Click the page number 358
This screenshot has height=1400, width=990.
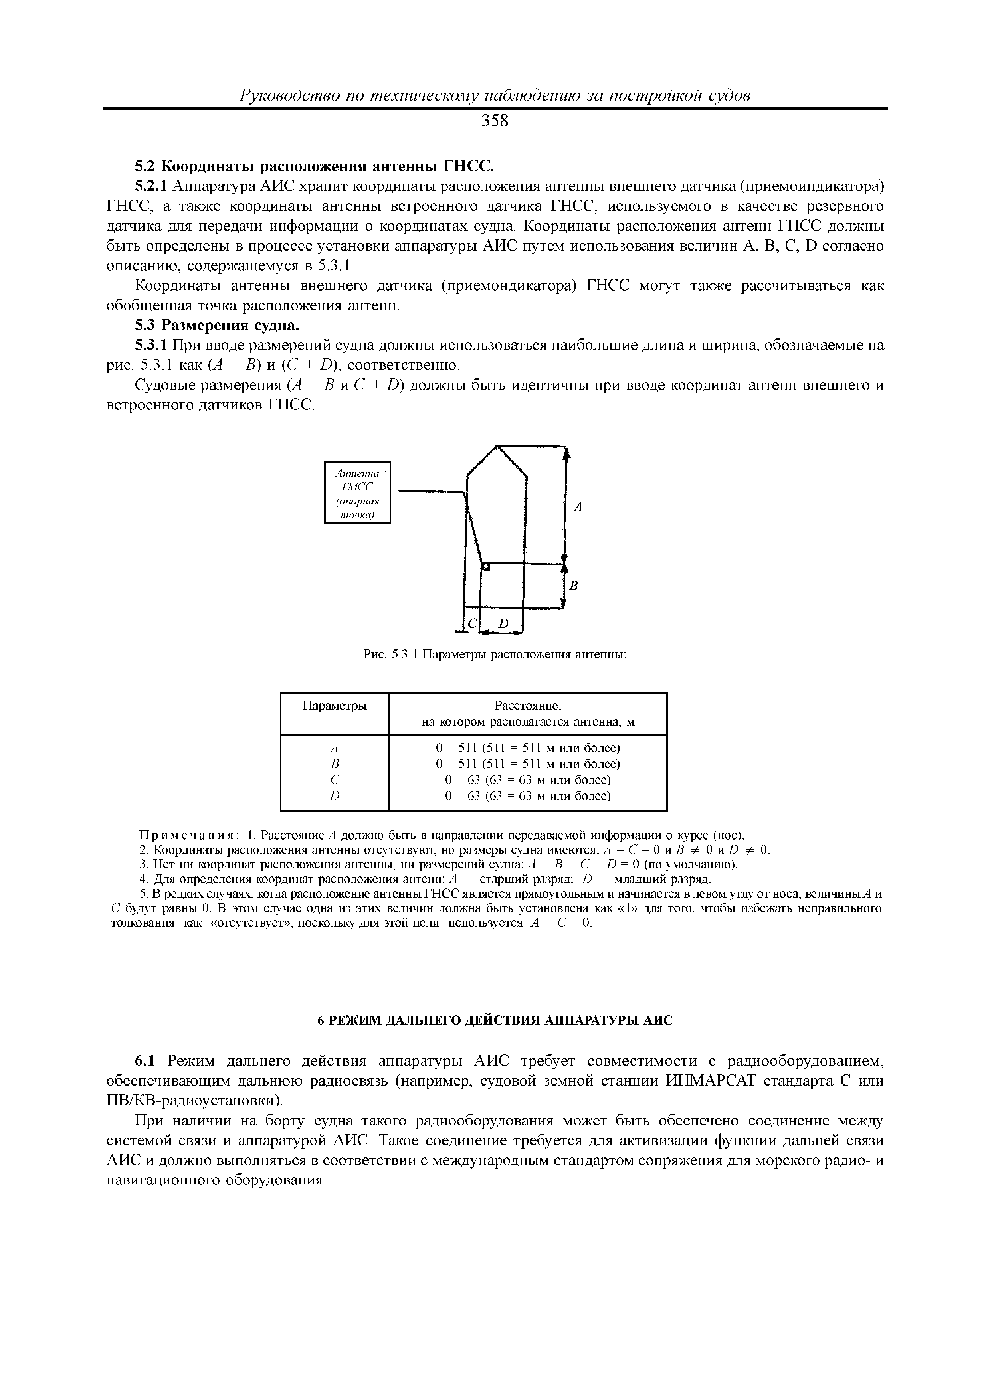[x=495, y=121]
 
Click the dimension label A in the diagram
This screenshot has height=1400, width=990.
[x=578, y=506]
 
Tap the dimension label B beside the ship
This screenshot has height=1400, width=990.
[x=573, y=586]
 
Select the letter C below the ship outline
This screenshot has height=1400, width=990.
[x=473, y=624]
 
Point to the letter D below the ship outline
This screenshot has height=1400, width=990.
[x=503, y=624]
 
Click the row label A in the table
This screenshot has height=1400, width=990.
[x=334, y=747]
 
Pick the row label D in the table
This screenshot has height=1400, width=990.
[x=334, y=796]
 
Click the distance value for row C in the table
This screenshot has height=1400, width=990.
[x=528, y=780]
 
